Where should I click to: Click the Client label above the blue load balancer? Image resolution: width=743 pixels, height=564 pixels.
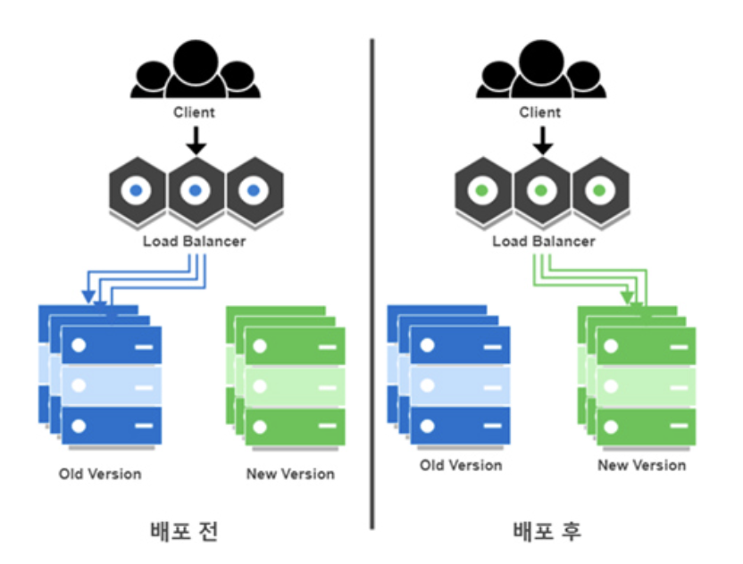tap(194, 112)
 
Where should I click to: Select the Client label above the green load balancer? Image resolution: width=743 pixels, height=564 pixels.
tap(540, 112)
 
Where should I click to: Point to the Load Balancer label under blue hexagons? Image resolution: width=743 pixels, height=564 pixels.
tap(194, 241)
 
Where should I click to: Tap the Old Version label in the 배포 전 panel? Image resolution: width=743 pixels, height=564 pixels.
tap(100, 473)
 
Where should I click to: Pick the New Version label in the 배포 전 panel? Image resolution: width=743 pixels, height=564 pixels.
tap(290, 473)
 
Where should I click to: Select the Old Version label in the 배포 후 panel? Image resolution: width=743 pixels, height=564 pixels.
tap(461, 465)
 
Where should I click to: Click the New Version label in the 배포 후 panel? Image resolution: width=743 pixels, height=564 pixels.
tap(642, 465)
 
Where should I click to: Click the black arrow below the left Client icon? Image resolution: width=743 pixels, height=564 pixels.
tap(195, 139)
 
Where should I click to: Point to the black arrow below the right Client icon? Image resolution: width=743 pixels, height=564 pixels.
tap(541, 139)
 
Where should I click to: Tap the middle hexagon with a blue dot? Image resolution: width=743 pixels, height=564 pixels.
tap(194, 191)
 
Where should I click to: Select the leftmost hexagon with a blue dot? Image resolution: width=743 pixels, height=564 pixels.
tap(136, 191)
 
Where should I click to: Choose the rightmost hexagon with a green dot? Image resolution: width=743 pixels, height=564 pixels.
tap(599, 191)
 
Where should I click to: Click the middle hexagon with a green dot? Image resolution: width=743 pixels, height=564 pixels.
tap(541, 191)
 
